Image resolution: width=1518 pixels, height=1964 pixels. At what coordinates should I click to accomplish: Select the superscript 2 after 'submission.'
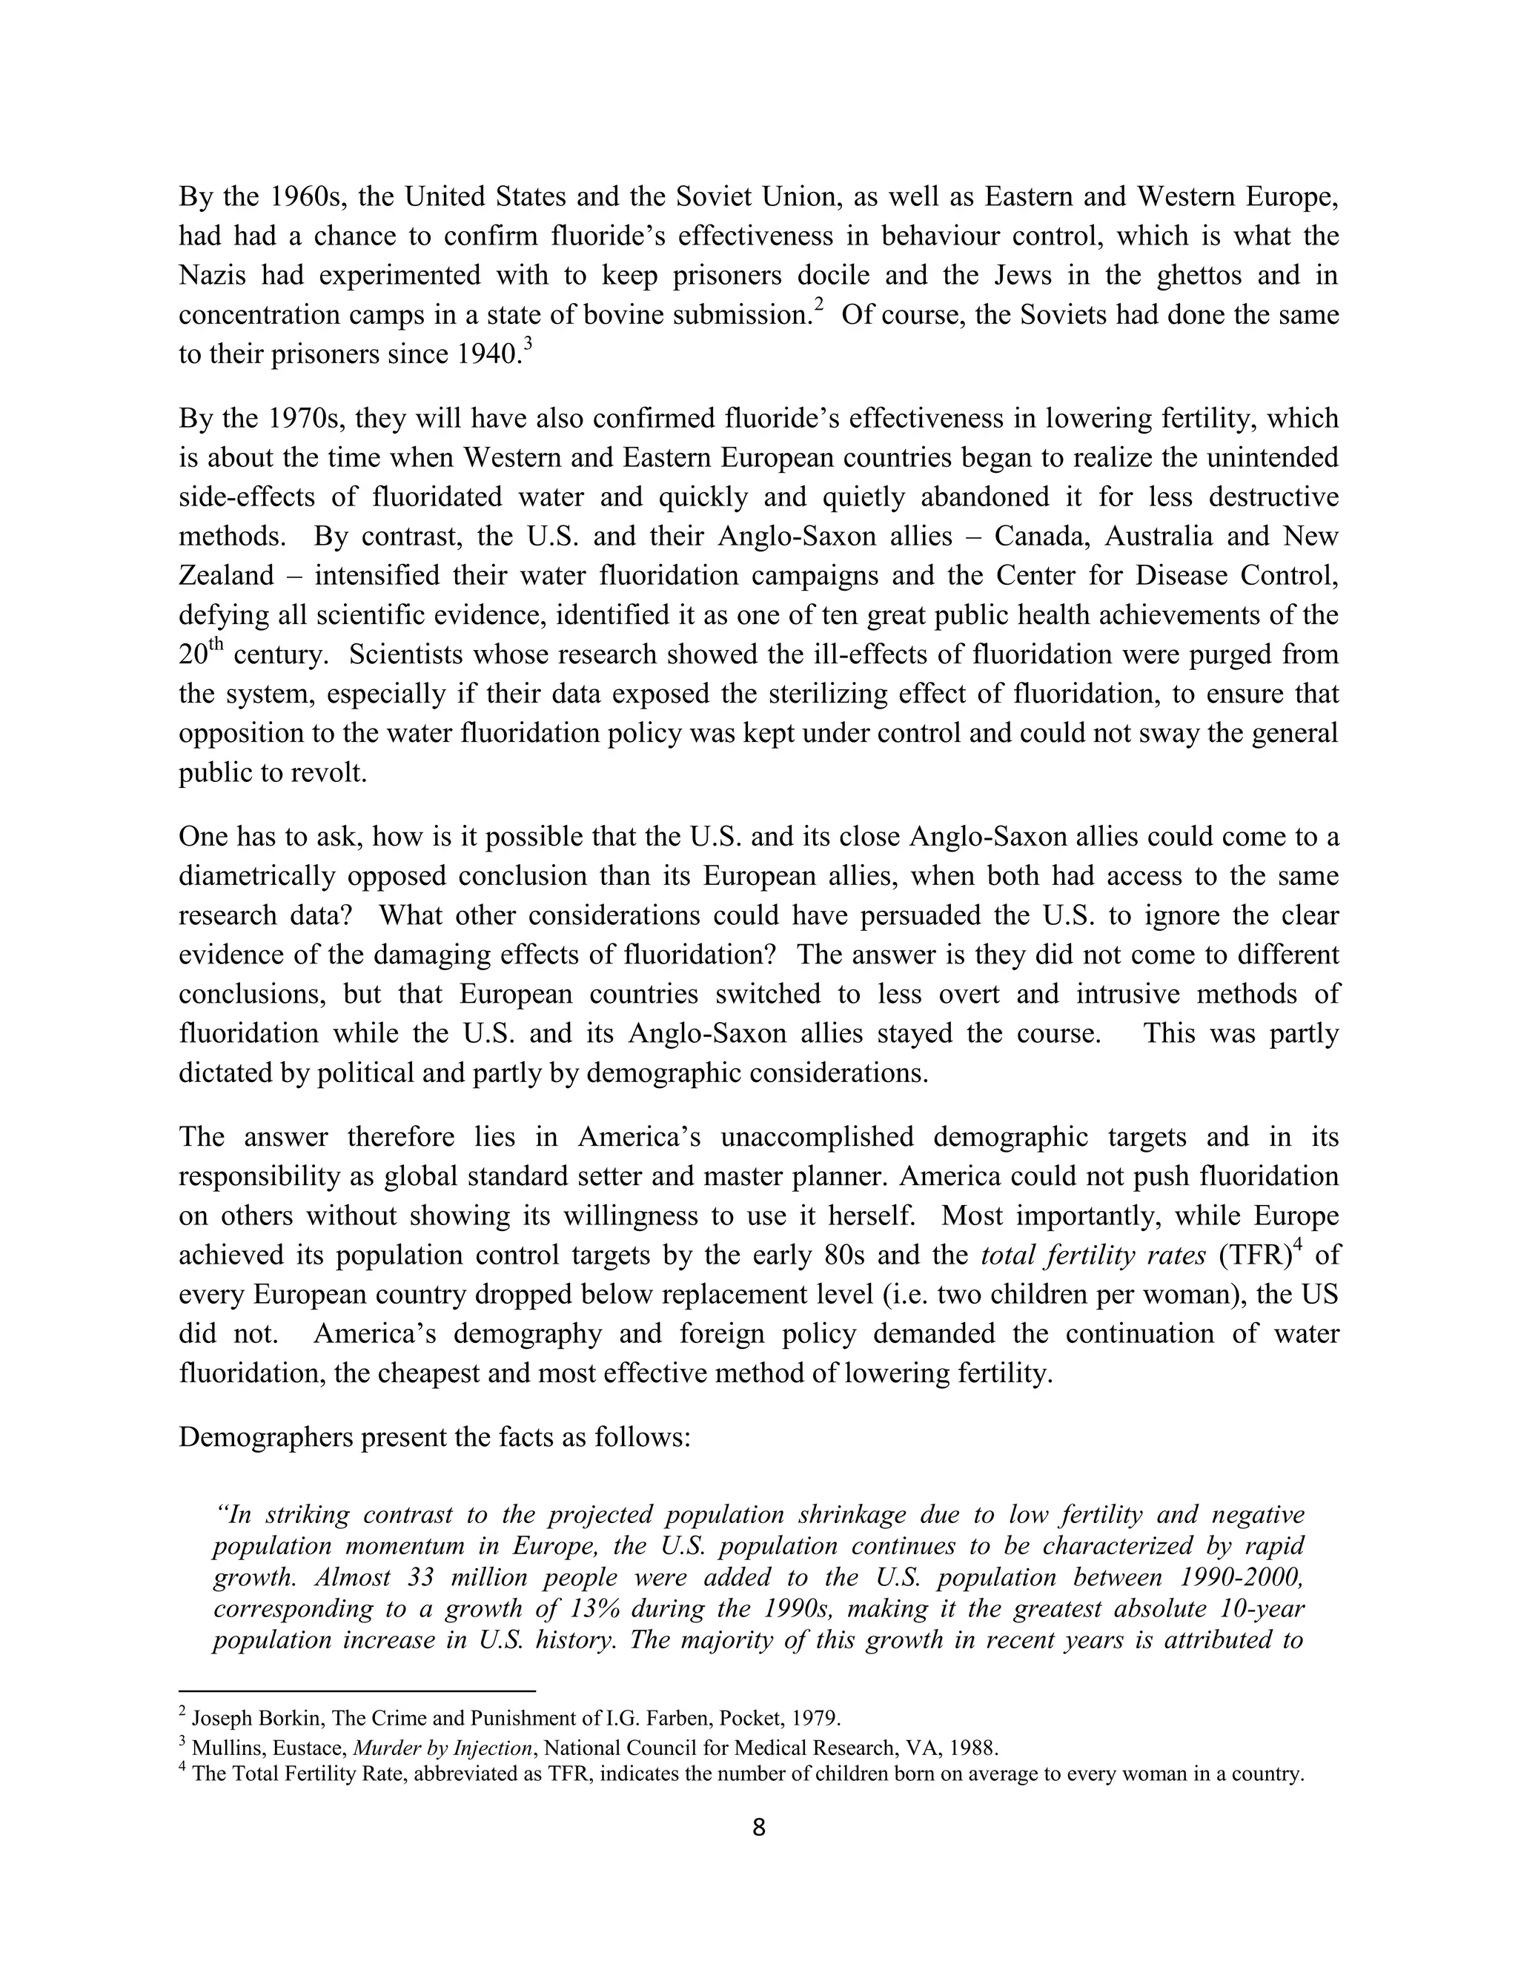click(818, 306)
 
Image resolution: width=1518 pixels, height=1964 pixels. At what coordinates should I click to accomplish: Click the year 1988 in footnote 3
click(974, 1748)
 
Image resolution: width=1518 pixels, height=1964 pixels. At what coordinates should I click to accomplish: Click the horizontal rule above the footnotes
click(357, 1689)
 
